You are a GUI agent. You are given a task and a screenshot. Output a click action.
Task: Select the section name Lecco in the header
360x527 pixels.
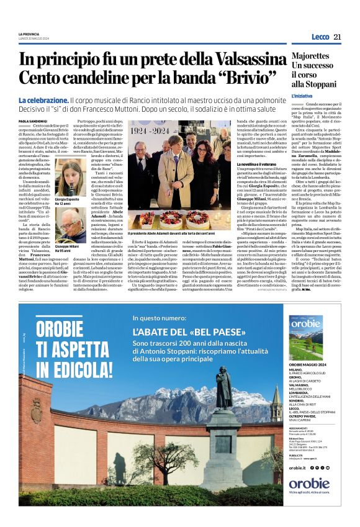[320, 37]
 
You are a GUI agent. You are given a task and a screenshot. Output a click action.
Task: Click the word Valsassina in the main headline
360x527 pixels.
[235, 60]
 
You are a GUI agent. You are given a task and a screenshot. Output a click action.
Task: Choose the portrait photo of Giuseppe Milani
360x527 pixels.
[71, 224]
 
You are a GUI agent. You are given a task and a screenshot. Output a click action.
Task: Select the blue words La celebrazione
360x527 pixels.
[43, 101]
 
